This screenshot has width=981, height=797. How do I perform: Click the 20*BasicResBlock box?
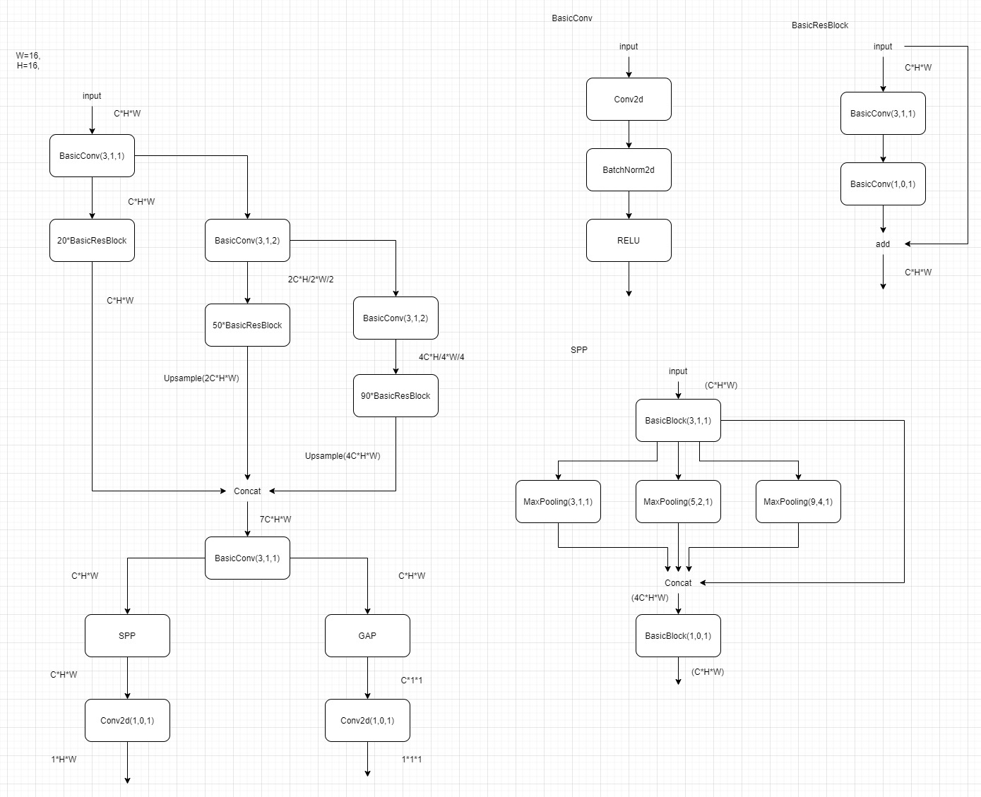point(92,241)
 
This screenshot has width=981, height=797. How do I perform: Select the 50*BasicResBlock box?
point(247,325)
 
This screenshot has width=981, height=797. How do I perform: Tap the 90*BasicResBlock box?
point(396,396)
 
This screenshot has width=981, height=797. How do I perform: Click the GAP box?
point(367,636)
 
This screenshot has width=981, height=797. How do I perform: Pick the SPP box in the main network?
point(127,636)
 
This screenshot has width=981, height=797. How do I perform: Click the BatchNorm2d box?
point(629,170)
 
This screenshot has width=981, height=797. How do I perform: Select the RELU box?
point(629,241)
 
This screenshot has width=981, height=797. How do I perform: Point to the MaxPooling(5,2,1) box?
point(678,502)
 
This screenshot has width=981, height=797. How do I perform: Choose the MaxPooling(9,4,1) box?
point(798,502)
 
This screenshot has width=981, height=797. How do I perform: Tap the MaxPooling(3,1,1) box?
point(558,502)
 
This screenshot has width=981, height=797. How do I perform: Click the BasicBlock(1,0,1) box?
point(678,636)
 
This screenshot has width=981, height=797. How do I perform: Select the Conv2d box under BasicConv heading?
point(629,100)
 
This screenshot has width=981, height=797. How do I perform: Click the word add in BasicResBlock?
point(883,244)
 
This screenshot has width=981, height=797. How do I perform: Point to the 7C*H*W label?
point(275,520)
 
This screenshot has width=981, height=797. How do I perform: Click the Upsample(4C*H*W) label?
point(343,456)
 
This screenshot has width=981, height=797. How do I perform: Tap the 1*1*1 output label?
point(412,760)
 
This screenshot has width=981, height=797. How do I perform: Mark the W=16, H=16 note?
point(28,61)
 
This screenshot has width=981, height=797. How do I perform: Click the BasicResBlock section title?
point(820,25)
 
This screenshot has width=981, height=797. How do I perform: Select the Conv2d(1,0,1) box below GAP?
point(367,721)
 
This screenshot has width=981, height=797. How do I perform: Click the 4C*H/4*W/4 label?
point(441,357)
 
